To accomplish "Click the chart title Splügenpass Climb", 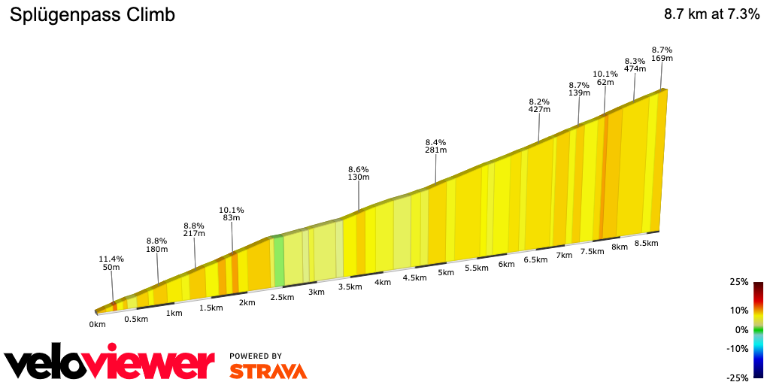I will (x=92, y=15).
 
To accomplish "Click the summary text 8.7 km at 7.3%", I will (x=711, y=15).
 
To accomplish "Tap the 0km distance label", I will (x=97, y=325).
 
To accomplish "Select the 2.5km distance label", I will (x=281, y=298).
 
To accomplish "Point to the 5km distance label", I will (x=447, y=272).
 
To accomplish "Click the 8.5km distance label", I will (x=646, y=243).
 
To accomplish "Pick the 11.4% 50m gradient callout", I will (x=111, y=263).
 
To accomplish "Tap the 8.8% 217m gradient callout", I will (x=194, y=229).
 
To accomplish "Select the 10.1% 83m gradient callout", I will (x=232, y=214).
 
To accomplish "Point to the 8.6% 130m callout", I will (x=359, y=173).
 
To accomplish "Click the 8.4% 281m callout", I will (x=435, y=146).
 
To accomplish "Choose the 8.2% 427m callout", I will (x=539, y=105).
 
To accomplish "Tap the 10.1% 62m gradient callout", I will (x=605, y=78).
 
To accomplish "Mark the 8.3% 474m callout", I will (x=635, y=65).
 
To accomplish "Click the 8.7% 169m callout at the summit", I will (x=662, y=53).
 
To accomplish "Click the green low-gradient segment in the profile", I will (x=278, y=261).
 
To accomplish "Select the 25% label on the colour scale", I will (x=739, y=282).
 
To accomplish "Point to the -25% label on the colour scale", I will (x=738, y=377).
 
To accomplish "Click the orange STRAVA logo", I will (x=268, y=371).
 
